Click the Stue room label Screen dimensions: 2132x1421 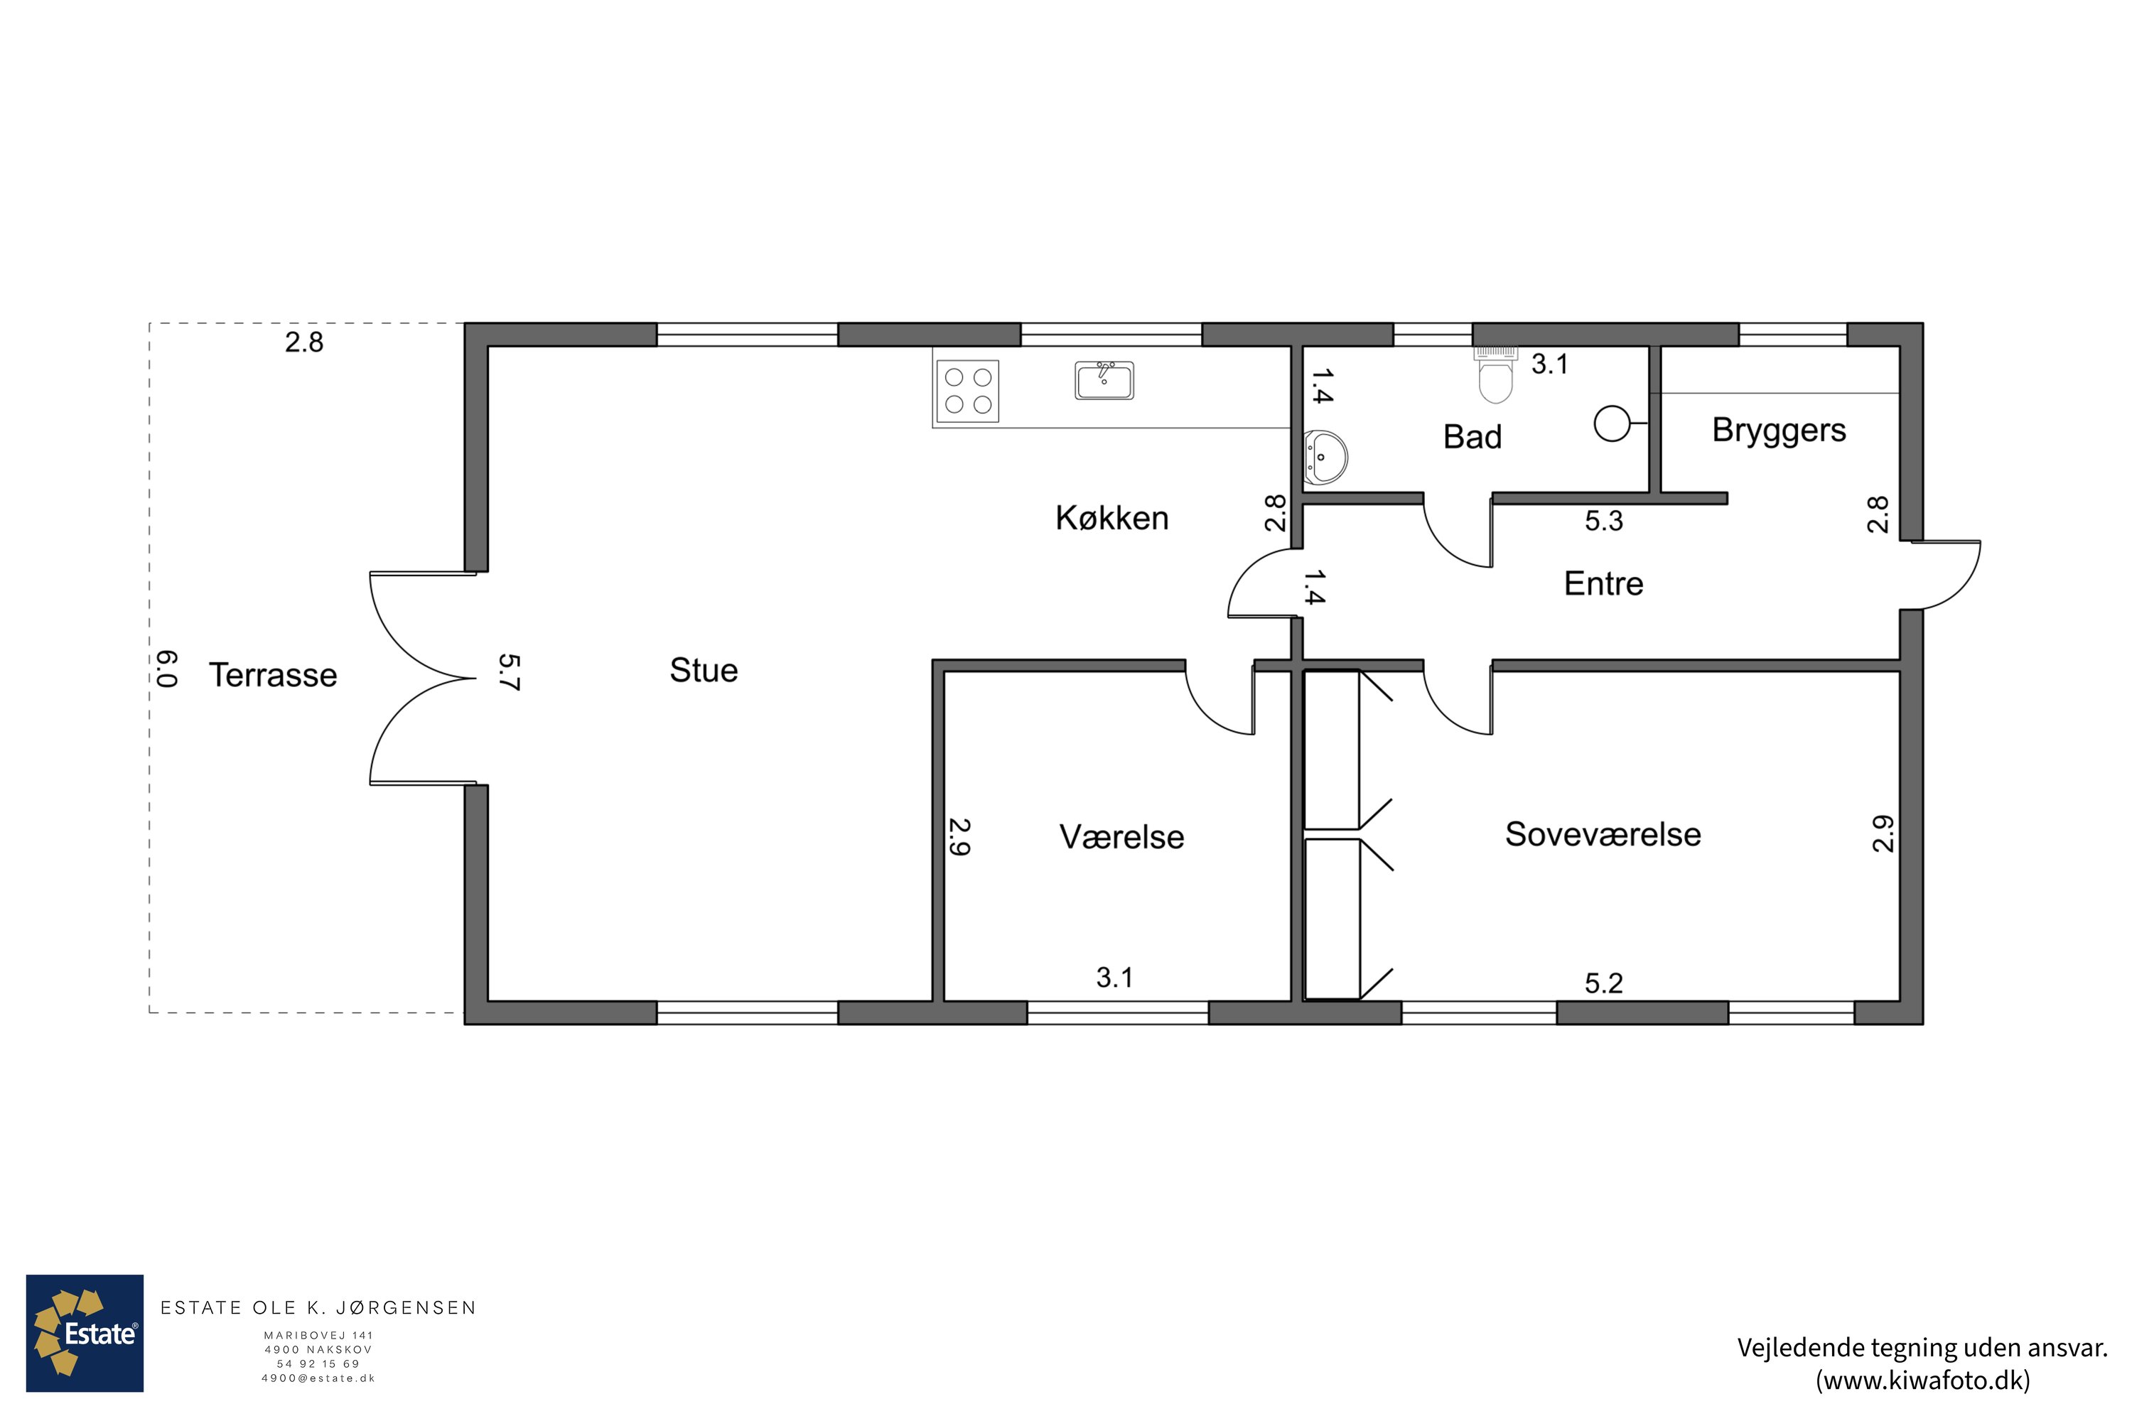click(x=704, y=670)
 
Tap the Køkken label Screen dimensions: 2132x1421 click(x=1111, y=517)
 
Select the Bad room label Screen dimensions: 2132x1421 click(x=1472, y=437)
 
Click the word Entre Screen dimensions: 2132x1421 click(x=1603, y=583)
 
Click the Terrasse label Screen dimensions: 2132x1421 click(x=273, y=675)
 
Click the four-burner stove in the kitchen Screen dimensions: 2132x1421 click(x=967, y=391)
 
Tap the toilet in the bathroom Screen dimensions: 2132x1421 click(x=1496, y=375)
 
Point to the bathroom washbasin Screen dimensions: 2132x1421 click(x=1325, y=458)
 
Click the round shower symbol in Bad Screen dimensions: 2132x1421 click(x=1612, y=423)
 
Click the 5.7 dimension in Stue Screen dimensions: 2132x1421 click(x=510, y=672)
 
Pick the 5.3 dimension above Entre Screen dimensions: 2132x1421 click(x=1603, y=521)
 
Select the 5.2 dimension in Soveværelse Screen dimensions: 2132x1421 click(x=1603, y=983)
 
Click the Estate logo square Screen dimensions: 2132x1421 click(x=85, y=1333)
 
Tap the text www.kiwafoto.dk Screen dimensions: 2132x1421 click(x=1922, y=1381)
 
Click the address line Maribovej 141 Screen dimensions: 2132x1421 click(x=318, y=1335)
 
